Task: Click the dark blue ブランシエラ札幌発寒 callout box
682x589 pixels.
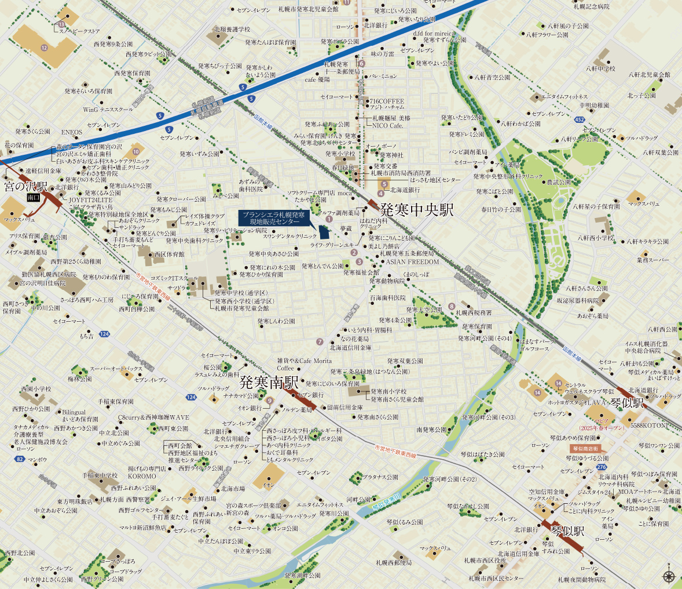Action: [274, 218]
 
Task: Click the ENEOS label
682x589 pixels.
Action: [72, 132]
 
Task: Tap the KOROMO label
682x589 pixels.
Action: [142, 475]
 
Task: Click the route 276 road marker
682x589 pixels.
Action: [602, 467]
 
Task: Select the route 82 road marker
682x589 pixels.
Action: [20, 459]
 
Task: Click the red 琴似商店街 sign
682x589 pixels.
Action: [585, 448]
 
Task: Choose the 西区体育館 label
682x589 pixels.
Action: [169, 254]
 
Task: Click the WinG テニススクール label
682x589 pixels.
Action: [108, 110]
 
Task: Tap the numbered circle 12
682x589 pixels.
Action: [43, 47]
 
